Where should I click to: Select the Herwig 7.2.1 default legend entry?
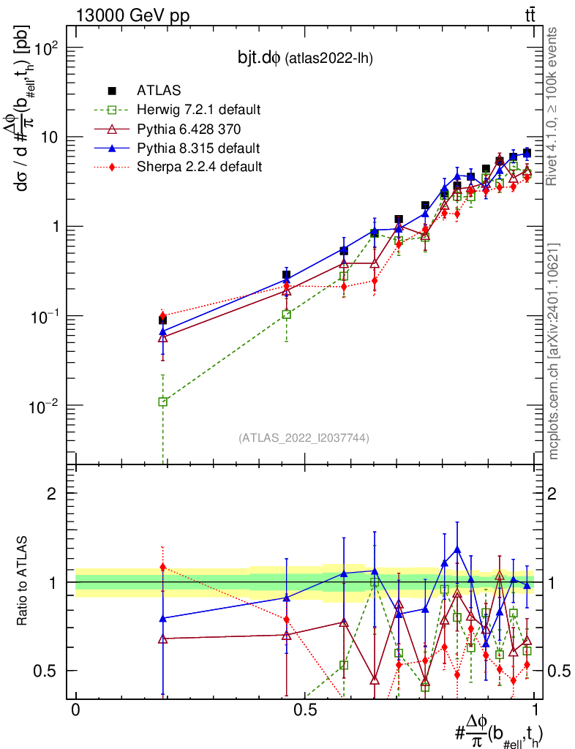point(198,110)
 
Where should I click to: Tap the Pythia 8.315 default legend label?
point(198,148)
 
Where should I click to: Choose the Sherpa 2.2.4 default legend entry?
point(199,167)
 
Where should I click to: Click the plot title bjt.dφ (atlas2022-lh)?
point(300,59)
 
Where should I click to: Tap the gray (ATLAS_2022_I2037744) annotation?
point(303,438)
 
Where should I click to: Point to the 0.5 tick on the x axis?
point(305,709)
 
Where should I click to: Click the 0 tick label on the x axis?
point(76,709)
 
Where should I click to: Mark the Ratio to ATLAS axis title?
point(23,582)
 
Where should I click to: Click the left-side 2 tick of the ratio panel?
point(52,494)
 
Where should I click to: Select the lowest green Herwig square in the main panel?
point(163,402)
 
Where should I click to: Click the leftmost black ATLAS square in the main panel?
point(162,320)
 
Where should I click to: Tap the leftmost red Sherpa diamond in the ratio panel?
point(163,567)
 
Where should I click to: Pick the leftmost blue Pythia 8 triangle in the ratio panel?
point(163,618)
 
